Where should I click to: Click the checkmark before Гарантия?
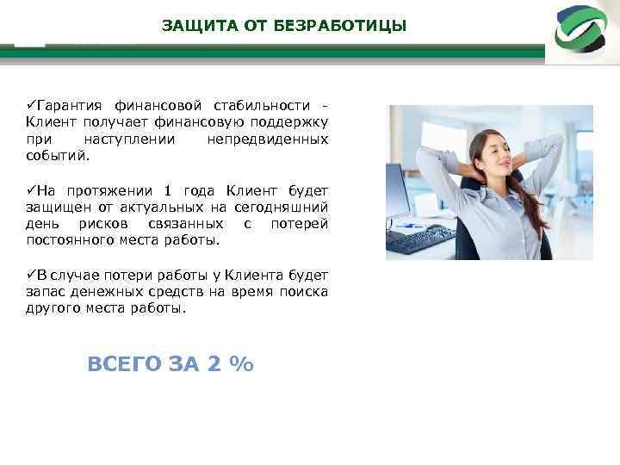pos(29,104)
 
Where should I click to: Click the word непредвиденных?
pos(268,139)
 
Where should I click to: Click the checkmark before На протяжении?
pos(29,189)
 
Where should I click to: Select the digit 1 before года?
pos(168,190)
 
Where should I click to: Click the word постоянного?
pos(66,240)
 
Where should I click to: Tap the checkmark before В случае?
pos(29,274)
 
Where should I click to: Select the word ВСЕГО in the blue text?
pos(124,364)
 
